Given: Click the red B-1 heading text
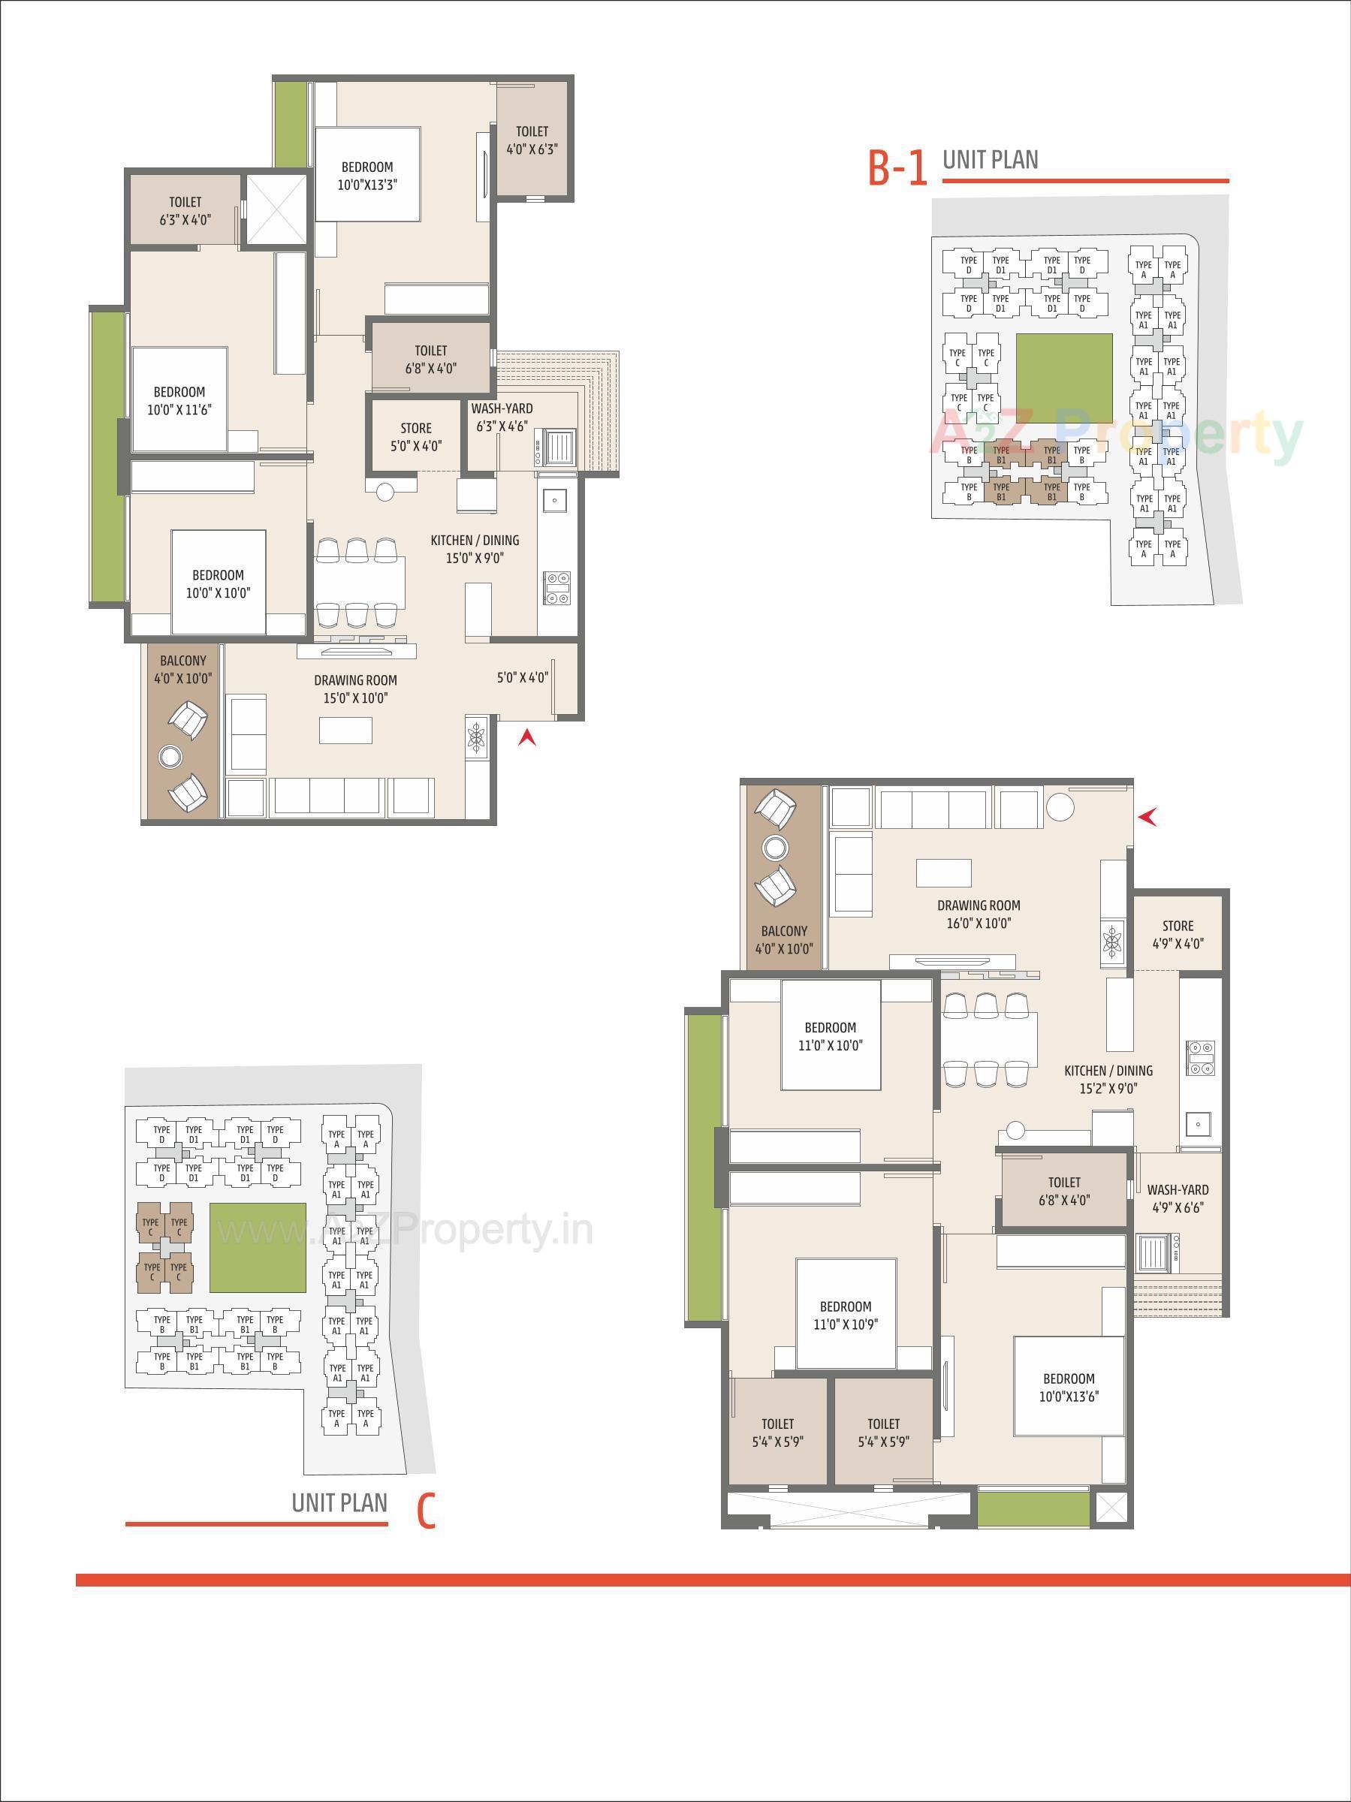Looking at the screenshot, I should (x=897, y=169).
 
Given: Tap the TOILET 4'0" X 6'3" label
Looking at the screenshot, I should (x=532, y=140).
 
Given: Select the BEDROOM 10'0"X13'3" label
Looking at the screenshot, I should (x=366, y=176).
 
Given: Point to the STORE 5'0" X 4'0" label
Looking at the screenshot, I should (x=415, y=437).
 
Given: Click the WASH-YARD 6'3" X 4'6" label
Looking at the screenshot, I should (x=502, y=417).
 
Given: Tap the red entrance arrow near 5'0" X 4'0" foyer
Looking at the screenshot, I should (x=527, y=738).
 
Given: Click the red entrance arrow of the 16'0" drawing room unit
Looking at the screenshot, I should (x=1148, y=816).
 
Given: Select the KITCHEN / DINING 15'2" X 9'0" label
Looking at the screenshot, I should (x=1108, y=1080).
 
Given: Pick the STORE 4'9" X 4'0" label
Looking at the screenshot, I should (x=1178, y=934).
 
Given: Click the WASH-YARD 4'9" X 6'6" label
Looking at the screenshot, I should (x=1178, y=1198).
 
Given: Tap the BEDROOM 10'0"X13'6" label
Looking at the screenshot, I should (x=1068, y=1388).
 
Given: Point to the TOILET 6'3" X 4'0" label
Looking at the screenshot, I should (x=185, y=210).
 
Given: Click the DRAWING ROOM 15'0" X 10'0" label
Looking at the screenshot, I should (x=355, y=689).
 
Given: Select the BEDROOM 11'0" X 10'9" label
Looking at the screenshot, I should (x=845, y=1315).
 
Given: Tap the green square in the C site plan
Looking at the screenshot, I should (x=258, y=1247).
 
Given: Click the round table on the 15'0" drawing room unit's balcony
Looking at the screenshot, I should (x=170, y=758).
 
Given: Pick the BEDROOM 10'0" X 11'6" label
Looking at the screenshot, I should (x=179, y=401).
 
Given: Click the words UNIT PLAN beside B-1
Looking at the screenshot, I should (x=990, y=160).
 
